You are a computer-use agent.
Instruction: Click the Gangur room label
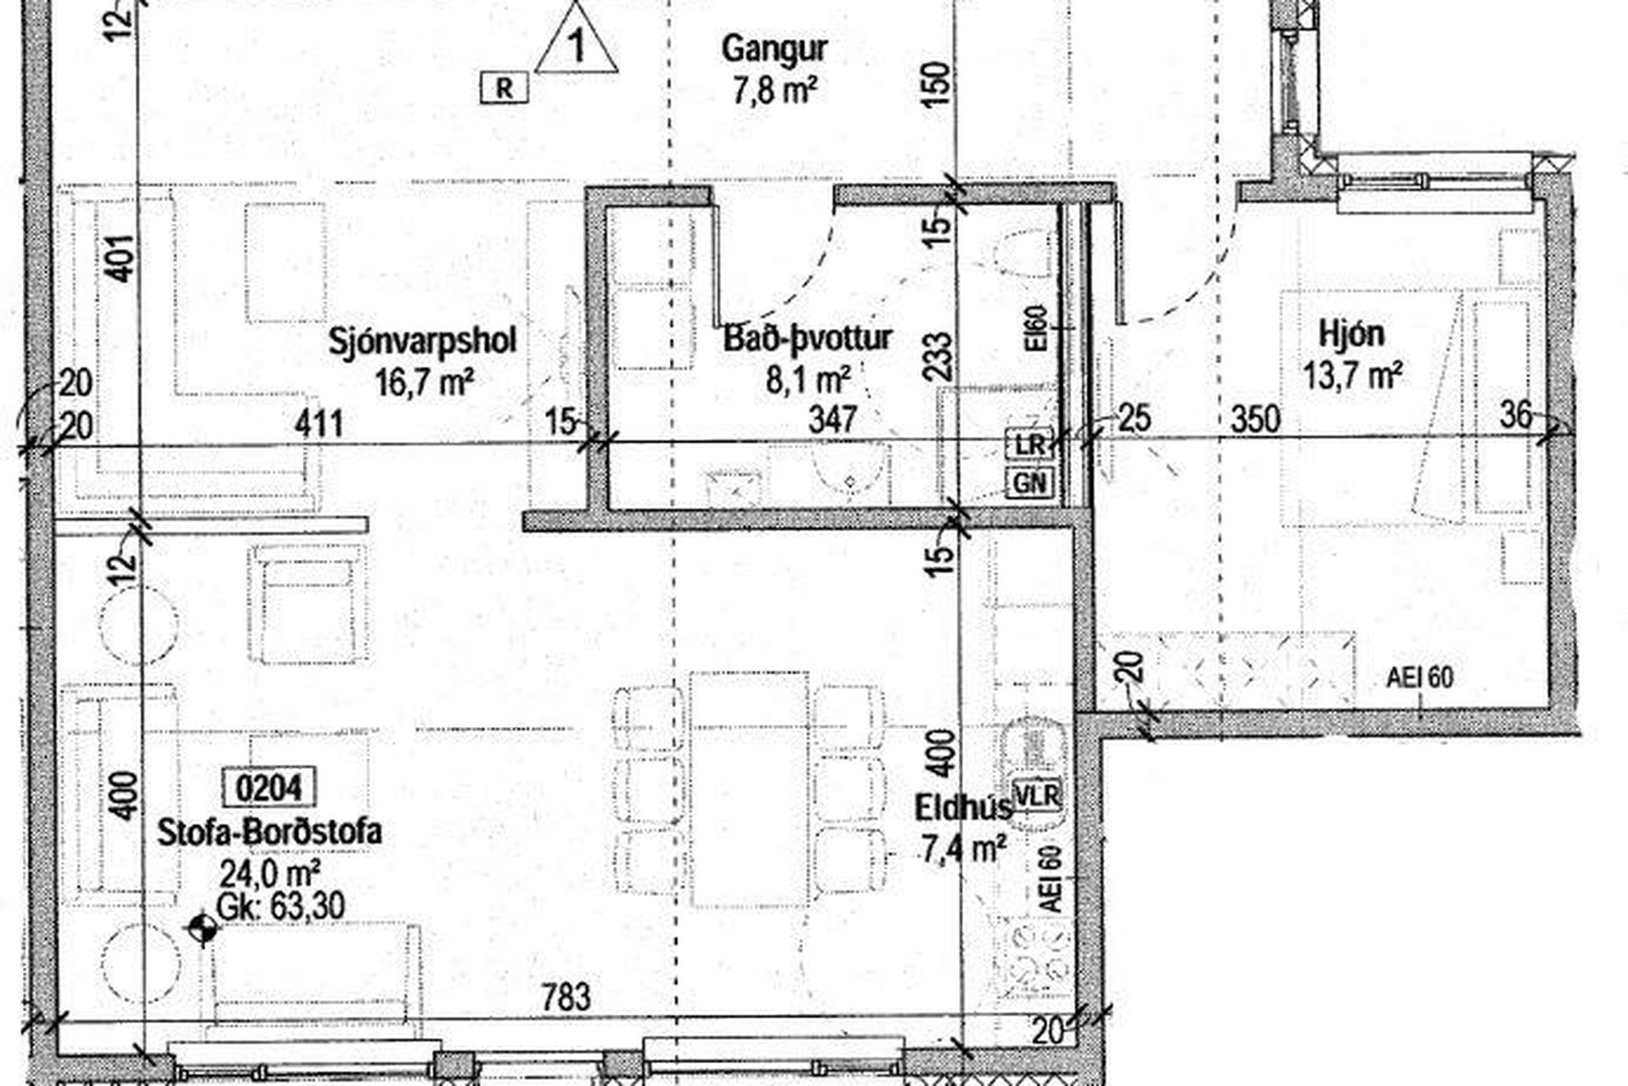tap(773, 49)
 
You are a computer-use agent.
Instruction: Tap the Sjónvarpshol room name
tap(422, 341)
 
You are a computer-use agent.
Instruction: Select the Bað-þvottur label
tap(807, 338)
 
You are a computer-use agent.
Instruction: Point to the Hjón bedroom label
tap(1352, 333)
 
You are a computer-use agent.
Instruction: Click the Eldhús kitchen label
tap(963, 808)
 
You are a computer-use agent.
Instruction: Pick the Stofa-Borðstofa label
tap(270, 831)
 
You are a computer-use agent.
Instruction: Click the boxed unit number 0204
tap(268, 788)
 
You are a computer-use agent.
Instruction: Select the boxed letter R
tap(505, 88)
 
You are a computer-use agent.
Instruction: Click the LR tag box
tap(1029, 444)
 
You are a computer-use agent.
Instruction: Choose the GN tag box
tap(1029, 484)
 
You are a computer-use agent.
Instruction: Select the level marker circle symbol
tap(202, 930)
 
